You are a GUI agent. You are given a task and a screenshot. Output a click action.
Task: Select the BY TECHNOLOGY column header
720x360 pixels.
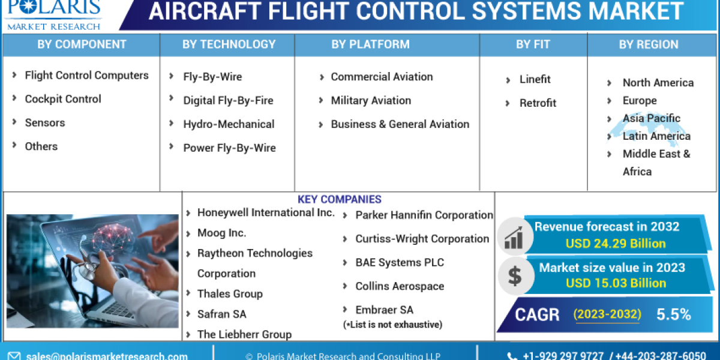pyautogui.click(x=229, y=44)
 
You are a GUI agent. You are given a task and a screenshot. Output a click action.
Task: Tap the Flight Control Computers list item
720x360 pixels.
pyautogui.click(x=86, y=75)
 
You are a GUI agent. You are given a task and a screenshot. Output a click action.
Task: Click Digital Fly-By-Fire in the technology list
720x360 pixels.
pyautogui.click(x=228, y=100)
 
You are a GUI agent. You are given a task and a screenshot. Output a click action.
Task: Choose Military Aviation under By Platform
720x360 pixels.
pyautogui.click(x=371, y=100)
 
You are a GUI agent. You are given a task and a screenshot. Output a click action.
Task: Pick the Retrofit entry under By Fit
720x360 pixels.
pyautogui.click(x=538, y=103)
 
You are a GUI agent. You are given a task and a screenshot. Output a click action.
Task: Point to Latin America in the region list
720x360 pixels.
pyautogui.click(x=656, y=136)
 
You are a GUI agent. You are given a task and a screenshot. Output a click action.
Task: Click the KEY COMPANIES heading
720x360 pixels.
pyautogui.click(x=339, y=199)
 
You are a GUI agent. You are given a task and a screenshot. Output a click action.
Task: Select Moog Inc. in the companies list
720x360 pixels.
pyautogui.click(x=221, y=233)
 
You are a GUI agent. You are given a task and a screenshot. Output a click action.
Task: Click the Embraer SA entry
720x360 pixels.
pyautogui.click(x=384, y=310)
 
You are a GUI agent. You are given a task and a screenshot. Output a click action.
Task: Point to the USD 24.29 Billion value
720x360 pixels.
pyautogui.click(x=616, y=243)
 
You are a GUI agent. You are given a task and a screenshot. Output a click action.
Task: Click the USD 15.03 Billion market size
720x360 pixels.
pyautogui.click(x=616, y=283)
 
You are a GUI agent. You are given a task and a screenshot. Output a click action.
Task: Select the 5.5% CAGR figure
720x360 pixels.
pyautogui.click(x=673, y=314)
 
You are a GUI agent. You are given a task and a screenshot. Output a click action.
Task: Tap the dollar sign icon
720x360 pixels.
pyautogui.click(x=514, y=275)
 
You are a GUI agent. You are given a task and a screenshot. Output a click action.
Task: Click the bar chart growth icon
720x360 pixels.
pyautogui.click(x=514, y=235)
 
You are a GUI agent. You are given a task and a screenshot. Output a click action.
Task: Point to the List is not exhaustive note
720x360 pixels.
pyautogui.click(x=392, y=325)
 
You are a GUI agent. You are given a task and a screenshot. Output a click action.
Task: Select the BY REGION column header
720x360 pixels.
pyautogui.click(x=649, y=44)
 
